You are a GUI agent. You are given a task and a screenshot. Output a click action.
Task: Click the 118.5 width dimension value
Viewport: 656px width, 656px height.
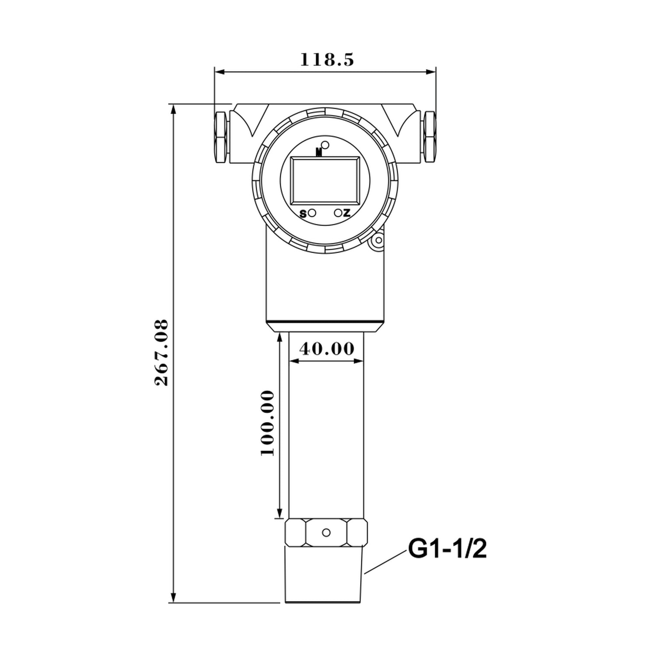pyautogui.click(x=326, y=60)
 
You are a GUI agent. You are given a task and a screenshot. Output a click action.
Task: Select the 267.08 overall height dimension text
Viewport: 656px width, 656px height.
pyautogui.click(x=162, y=352)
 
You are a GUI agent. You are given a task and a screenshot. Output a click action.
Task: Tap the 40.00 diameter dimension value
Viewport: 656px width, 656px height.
pyautogui.click(x=326, y=349)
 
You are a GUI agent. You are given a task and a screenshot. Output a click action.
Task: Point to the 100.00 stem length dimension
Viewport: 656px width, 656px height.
pyautogui.click(x=268, y=423)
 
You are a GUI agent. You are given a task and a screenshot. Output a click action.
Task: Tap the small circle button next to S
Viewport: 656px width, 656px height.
pyautogui.click(x=312, y=213)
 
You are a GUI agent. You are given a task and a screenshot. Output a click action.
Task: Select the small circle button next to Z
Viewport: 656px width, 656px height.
pyautogui.click(x=338, y=213)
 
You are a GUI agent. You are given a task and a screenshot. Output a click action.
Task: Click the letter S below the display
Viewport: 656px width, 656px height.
pyautogui.click(x=303, y=214)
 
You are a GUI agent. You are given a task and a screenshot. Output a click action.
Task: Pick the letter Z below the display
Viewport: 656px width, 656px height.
pyautogui.click(x=347, y=213)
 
